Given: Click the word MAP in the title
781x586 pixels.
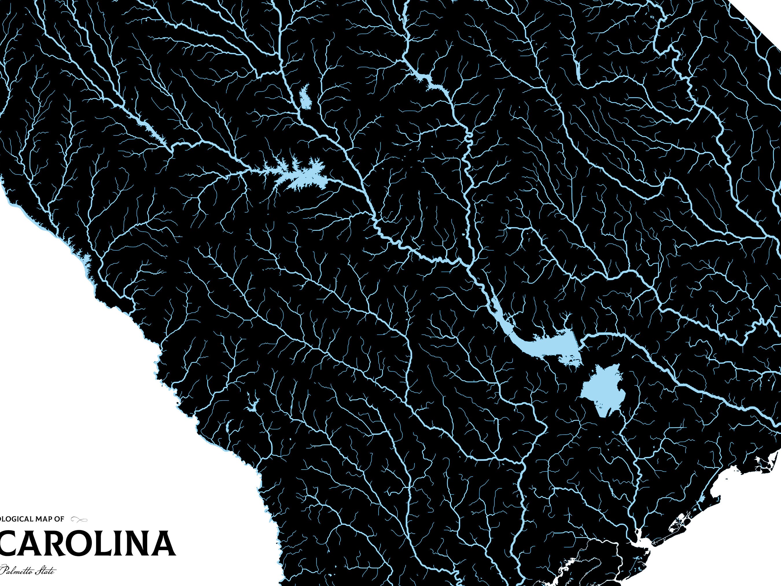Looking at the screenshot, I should [x=43, y=519].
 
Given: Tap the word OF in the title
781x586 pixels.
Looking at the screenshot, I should [x=59, y=519].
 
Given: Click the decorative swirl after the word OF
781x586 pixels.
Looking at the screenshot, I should [x=79, y=519].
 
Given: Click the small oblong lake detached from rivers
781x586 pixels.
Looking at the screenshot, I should [x=305, y=97].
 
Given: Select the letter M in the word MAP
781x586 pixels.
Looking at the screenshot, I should [x=38, y=519].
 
